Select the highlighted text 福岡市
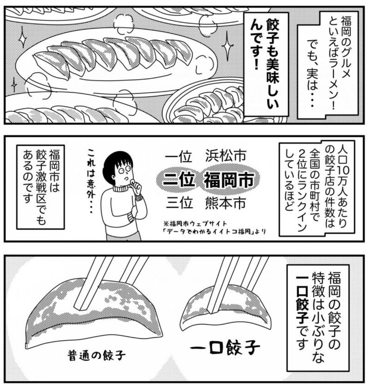pos(228,180)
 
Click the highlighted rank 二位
pos(179,180)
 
